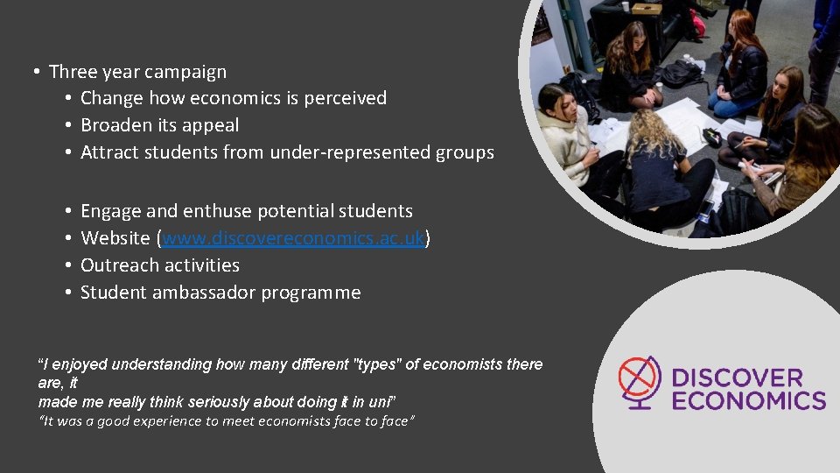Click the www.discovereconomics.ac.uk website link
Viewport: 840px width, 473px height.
click(x=293, y=238)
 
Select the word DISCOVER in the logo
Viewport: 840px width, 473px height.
click(x=737, y=378)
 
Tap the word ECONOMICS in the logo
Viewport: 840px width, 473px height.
click(x=748, y=401)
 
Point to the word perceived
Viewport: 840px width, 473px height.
click(x=346, y=98)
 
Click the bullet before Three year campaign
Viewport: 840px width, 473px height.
click(x=36, y=72)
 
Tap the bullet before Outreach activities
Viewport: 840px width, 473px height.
click(x=67, y=265)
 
